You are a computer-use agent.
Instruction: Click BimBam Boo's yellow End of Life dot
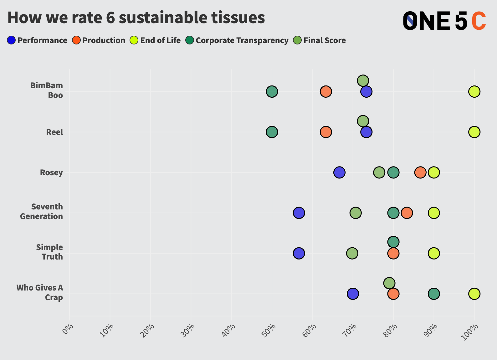pos(474,92)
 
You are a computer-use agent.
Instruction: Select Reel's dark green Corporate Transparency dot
pos(272,132)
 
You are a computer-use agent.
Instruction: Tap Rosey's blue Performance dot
pos(339,172)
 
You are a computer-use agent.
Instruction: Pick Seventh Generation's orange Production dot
pos(407,213)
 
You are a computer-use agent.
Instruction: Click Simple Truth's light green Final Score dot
pos(352,253)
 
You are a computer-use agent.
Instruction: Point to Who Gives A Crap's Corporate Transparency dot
pos(433,294)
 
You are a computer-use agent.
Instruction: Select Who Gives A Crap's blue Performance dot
pos(353,294)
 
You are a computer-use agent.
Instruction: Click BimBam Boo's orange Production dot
pos(326,92)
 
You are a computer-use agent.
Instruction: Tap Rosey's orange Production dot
pos(420,172)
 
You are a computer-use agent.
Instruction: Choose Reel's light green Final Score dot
pos(363,121)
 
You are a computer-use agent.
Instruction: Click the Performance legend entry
pos(38,40)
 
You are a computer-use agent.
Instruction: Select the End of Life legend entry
pos(156,40)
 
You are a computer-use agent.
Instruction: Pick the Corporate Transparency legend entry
pos(237,40)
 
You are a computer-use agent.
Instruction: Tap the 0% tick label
pos(68,330)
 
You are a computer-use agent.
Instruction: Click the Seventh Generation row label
pos(41,212)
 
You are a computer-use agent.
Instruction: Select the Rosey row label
pos(51,172)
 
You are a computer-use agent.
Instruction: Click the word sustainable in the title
pos(163,18)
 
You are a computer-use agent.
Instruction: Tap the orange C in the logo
pos(479,21)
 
